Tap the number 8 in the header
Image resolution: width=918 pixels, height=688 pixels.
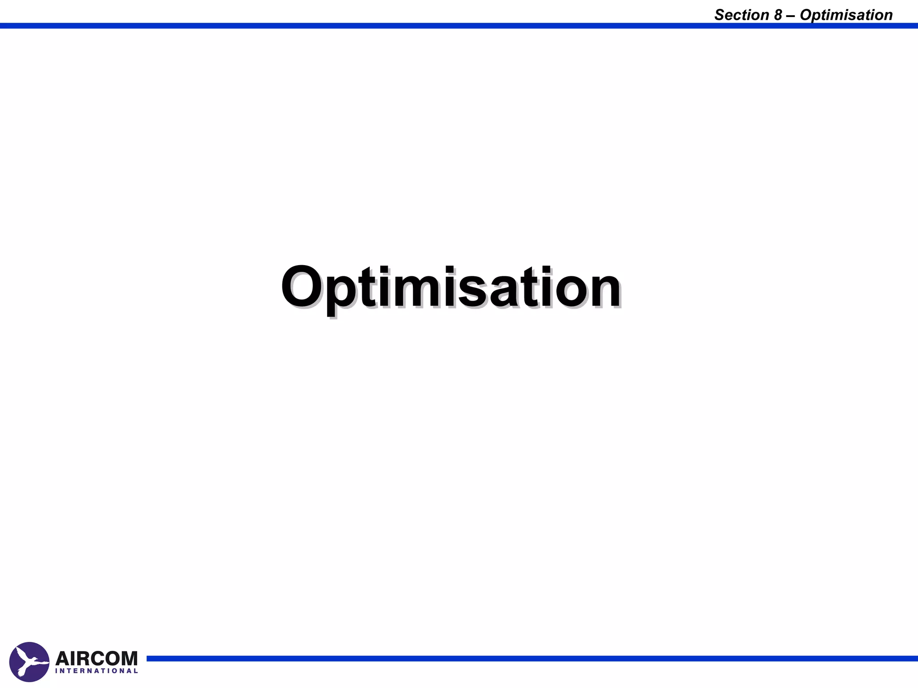(778, 15)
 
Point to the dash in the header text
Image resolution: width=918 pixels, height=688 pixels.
(791, 16)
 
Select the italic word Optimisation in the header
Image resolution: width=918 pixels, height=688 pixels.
(846, 16)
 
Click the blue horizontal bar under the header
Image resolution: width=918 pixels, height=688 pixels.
(459, 26)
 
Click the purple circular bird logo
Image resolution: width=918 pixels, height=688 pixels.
(29, 662)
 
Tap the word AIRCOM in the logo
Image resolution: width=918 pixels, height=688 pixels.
(96, 659)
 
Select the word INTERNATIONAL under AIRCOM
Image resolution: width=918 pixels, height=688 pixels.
(96, 671)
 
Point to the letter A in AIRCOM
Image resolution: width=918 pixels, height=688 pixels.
(63, 659)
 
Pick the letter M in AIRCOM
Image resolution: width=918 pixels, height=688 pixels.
(128, 659)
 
